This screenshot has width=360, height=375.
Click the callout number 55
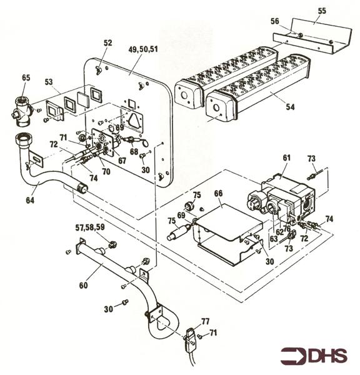click(322, 12)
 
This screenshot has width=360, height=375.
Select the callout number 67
click(122, 161)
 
